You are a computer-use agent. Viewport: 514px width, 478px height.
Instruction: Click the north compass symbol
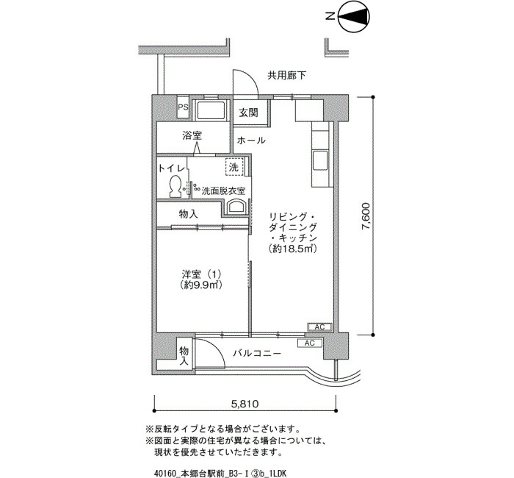(354, 16)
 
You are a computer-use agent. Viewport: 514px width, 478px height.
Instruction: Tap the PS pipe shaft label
(183, 107)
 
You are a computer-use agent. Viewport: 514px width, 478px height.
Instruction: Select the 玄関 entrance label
(248, 113)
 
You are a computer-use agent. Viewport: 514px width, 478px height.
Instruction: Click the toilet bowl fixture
(175, 186)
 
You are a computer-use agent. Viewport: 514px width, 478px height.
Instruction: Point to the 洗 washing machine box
(234, 168)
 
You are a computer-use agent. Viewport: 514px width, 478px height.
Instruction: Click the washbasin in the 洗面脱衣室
(236, 207)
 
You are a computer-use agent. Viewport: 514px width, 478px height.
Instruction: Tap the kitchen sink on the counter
(320, 161)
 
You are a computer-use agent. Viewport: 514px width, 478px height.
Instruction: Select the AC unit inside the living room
(319, 327)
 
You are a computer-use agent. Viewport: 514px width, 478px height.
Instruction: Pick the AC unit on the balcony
(309, 343)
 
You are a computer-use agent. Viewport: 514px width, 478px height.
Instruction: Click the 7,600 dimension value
(366, 217)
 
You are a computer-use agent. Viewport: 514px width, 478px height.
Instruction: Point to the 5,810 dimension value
(245, 404)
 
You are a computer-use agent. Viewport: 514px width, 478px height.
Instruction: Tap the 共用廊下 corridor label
(286, 76)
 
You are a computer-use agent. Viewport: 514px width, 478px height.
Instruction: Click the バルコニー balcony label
(257, 353)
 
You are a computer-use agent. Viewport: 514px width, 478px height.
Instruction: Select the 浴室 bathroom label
(192, 135)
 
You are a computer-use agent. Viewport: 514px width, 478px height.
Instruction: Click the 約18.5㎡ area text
(293, 249)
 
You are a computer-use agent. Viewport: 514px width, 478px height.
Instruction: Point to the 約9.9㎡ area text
(202, 285)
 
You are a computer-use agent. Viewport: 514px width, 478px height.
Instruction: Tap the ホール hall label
(251, 140)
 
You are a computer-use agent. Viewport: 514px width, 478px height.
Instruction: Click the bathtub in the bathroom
(211, 110)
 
